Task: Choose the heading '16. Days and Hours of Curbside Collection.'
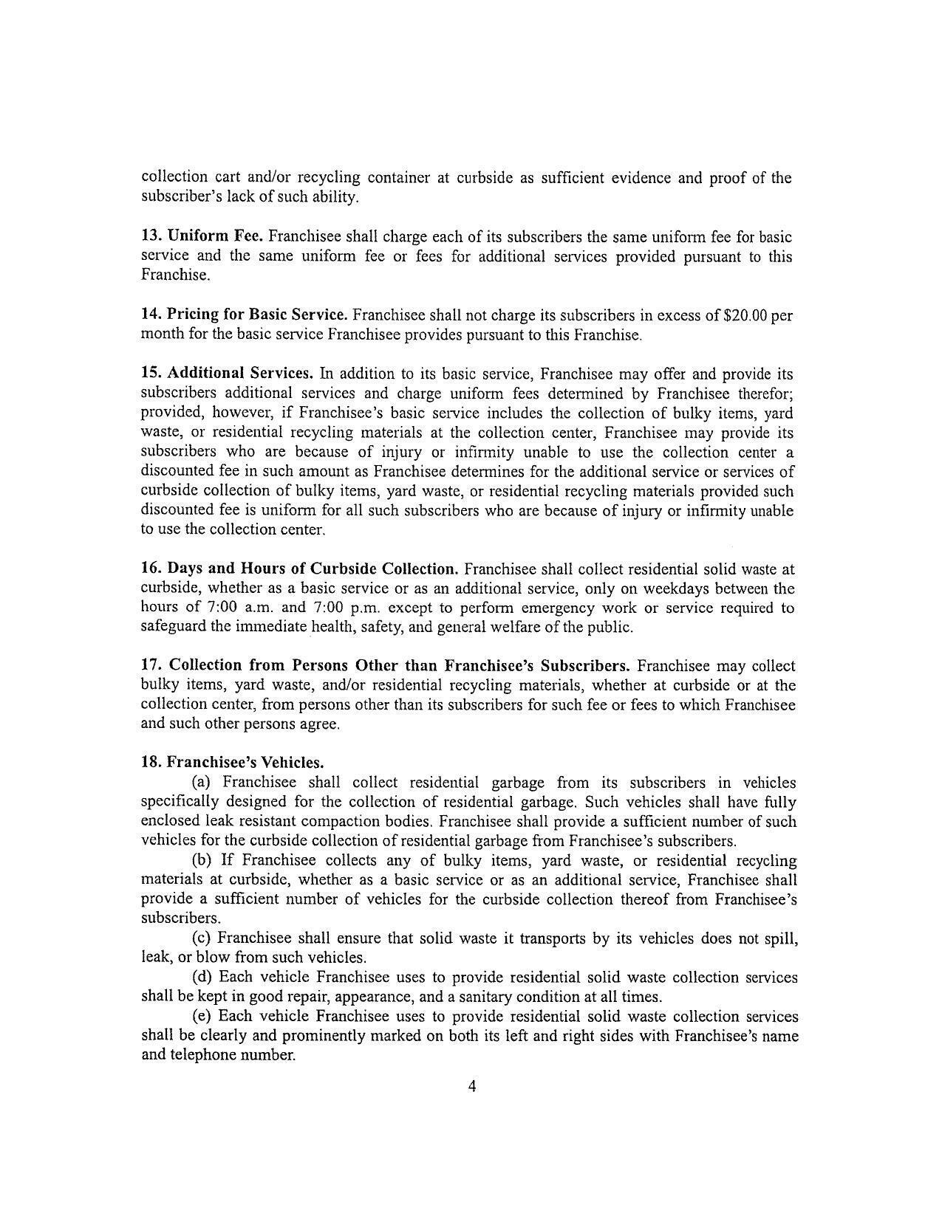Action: tap(299, 569)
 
